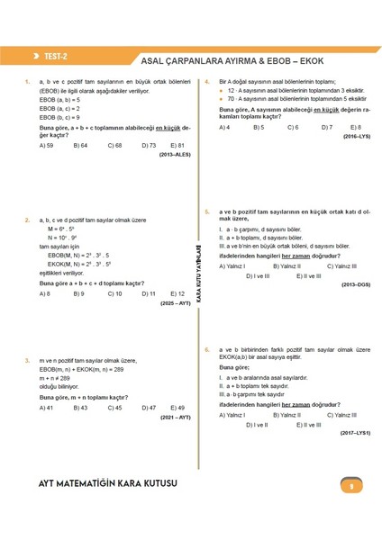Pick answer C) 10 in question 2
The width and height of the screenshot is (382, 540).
[114, 293]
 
